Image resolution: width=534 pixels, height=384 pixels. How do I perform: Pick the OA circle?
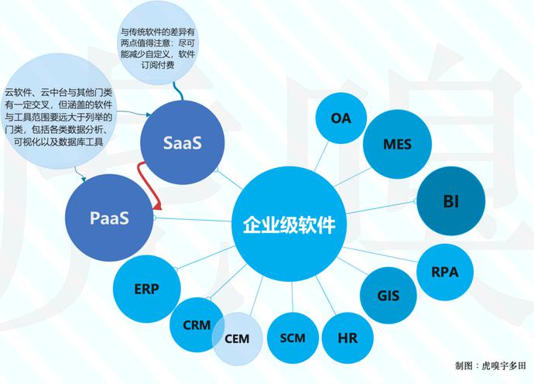coord(341,118)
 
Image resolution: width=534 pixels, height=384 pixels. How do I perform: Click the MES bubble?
coord(397,144)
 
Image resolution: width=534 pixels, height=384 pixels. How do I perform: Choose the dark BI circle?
coord(451,202)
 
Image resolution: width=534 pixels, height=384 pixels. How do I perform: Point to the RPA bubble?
coord(444,272)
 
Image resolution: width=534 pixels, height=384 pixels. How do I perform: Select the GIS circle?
coord(388,295)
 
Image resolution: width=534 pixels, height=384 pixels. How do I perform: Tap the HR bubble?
coord(347,338)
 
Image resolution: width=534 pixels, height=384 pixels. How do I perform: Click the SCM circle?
coord(293,338)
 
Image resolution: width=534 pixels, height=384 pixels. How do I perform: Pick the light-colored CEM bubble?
coord(237,338)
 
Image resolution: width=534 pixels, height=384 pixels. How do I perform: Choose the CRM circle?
coord(197,324)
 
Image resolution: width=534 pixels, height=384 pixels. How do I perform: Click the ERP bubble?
coord(146,289)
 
